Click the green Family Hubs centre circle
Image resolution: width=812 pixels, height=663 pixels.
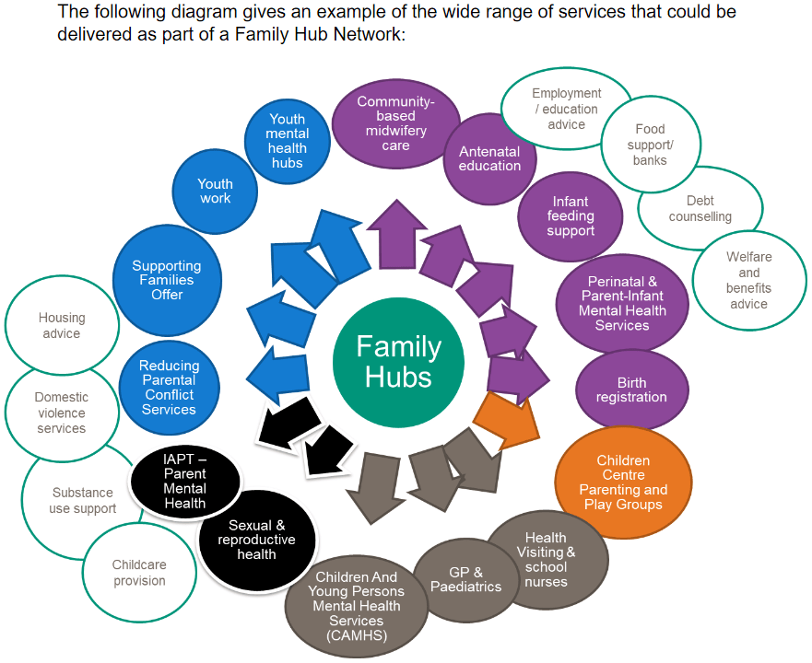coord(398,361)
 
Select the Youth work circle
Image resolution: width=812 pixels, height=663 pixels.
coord(215,191)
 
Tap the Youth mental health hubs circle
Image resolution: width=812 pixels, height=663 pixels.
coord(287,141)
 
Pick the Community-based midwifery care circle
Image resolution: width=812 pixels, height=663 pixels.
coord(395,123)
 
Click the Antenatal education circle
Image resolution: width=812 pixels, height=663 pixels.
coord(489,158)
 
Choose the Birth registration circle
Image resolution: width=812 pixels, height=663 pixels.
coord(631,390)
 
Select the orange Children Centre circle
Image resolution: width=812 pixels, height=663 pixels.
coord(623,483)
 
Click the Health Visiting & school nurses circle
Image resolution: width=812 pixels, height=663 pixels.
coord(547,559)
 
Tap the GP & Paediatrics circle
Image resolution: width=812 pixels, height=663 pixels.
coord(466,580)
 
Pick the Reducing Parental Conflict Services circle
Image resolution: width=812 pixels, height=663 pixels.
coord(169,388)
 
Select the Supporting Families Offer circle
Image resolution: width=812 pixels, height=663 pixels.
coord(167,280)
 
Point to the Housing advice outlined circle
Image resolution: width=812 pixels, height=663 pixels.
coord(62,325)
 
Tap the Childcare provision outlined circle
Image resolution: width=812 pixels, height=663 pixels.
coord(139,573)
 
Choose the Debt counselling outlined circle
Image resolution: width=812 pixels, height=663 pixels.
coord(700,209)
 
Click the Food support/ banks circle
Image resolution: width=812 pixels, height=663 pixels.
coord(650,145)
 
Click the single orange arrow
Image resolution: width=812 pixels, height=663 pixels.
coord(507,415)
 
